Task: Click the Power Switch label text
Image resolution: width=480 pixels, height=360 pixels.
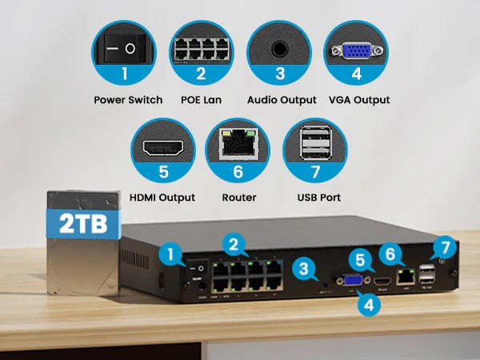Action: (128, 100)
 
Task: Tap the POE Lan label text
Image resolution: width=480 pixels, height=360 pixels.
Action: (201, 100)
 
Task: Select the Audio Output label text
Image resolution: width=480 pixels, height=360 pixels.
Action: (280, 100)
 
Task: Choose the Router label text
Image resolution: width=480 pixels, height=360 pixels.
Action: (239, 197)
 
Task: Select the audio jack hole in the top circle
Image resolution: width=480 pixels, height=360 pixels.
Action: (280, 47)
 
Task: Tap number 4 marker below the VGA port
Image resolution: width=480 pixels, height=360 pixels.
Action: (367, 303)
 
